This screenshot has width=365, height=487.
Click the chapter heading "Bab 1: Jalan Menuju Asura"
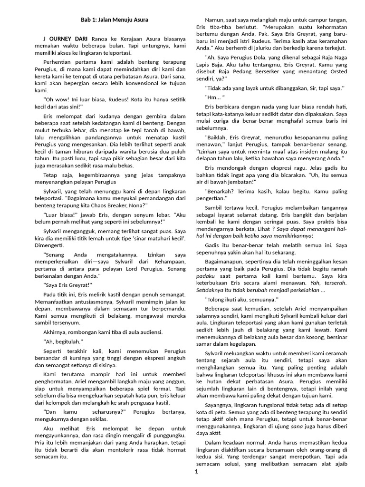[114, 19]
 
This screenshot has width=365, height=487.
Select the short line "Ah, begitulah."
[63, 341]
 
